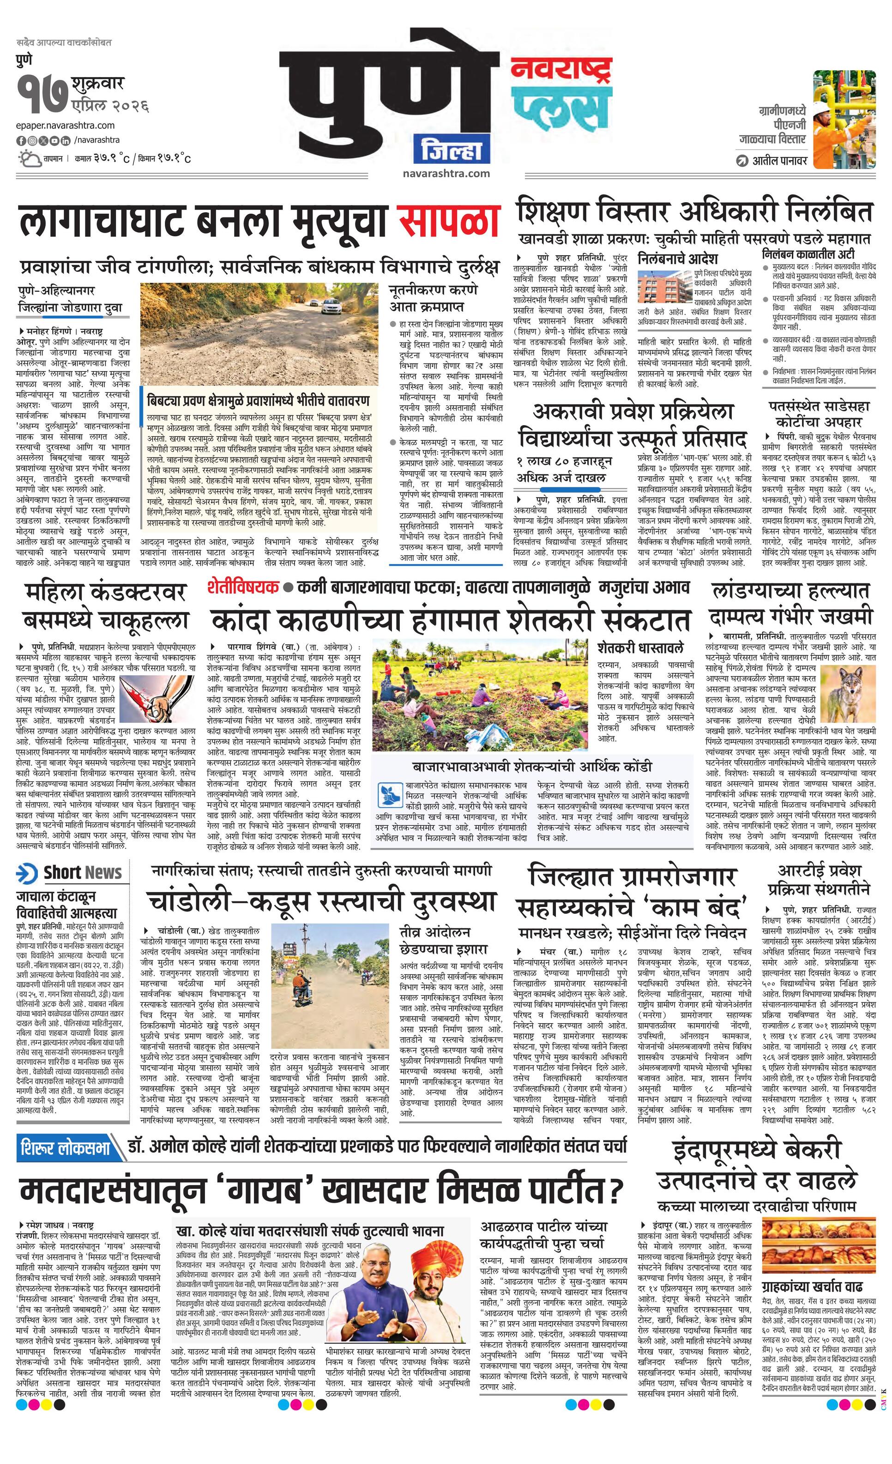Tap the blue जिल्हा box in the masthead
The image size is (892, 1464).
click(x=453, y=151)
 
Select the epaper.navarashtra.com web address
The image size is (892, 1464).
click(x=66, y=126)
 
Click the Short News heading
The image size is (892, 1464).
click(x=83, y=873)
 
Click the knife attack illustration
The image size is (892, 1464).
click(x=139, y=695)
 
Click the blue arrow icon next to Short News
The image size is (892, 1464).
click(x=27, y=873)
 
